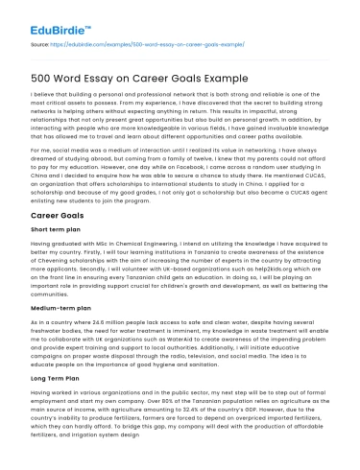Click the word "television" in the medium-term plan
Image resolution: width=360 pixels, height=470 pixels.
[x=191, y=357]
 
